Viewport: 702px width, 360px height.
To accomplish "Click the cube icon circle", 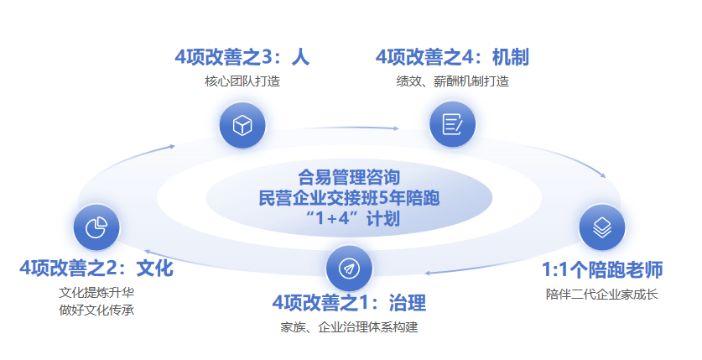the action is tap(242, 125).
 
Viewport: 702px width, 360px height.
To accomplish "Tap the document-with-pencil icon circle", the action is tap(452, 124).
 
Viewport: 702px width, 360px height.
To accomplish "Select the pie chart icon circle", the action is tap(96, 227).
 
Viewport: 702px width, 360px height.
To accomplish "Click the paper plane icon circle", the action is tap(349, 269).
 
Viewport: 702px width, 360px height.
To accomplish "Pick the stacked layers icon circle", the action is tap(602, 227).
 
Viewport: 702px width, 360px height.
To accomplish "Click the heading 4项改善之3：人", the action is tap(242, 57).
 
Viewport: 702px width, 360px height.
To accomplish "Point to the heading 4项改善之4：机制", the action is tap(452, 57).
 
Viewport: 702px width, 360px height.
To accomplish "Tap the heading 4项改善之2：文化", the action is tap(96, 269).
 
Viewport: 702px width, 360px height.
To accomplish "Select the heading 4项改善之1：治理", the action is tap(349, 303).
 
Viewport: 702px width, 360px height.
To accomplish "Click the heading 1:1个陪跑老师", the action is tap(602, 269).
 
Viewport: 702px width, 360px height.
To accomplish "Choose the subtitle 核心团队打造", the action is tap(242, 81).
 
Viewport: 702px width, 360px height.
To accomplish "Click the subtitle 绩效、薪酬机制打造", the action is tap(452, 81).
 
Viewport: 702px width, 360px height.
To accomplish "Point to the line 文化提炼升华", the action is tap(96, 293).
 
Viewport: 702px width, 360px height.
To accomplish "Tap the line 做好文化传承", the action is tap(96, 310).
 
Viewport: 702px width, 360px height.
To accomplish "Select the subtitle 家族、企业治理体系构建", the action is tap(349, 327).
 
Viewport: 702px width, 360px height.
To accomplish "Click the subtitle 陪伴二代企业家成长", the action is tap(602, 295).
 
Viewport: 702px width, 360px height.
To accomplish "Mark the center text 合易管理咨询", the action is tap(349, 177).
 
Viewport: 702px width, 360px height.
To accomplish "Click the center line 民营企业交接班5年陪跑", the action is tap(349, 198).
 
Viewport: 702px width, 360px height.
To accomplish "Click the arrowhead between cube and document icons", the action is tap(396, 128).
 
